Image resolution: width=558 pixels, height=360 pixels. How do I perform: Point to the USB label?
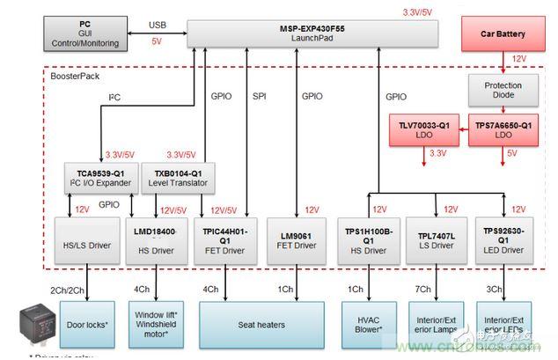157,25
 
